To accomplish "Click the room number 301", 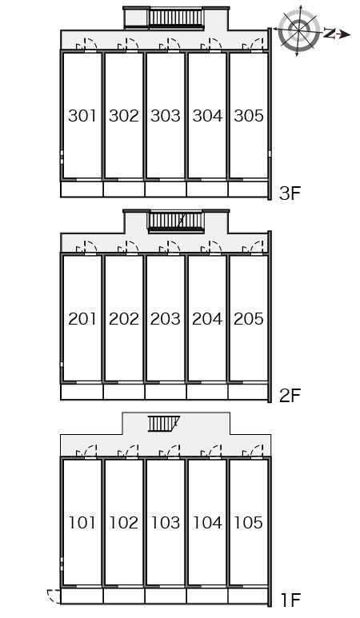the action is (82, 115).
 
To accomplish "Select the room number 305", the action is (249, 115).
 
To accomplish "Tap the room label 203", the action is (166, 318).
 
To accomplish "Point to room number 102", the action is (124, 522).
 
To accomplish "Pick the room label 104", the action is (207, 522).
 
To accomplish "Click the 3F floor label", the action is (290, 193).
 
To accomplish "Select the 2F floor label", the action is (290, 396).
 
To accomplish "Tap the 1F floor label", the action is (291, 600).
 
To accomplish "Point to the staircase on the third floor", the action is (176, 18).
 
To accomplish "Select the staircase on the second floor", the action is (176, 221).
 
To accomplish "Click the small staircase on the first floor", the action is (164, 424).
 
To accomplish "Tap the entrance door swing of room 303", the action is (170, 45).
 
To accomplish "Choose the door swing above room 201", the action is (86, 248).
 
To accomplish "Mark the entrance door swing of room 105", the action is (253, 451).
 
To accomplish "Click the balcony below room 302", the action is (124, 189).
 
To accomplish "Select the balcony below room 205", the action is (248, 393).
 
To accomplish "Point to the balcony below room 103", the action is (166, 596).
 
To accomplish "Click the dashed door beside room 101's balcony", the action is (54, 596).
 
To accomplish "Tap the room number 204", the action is (207, 318).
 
